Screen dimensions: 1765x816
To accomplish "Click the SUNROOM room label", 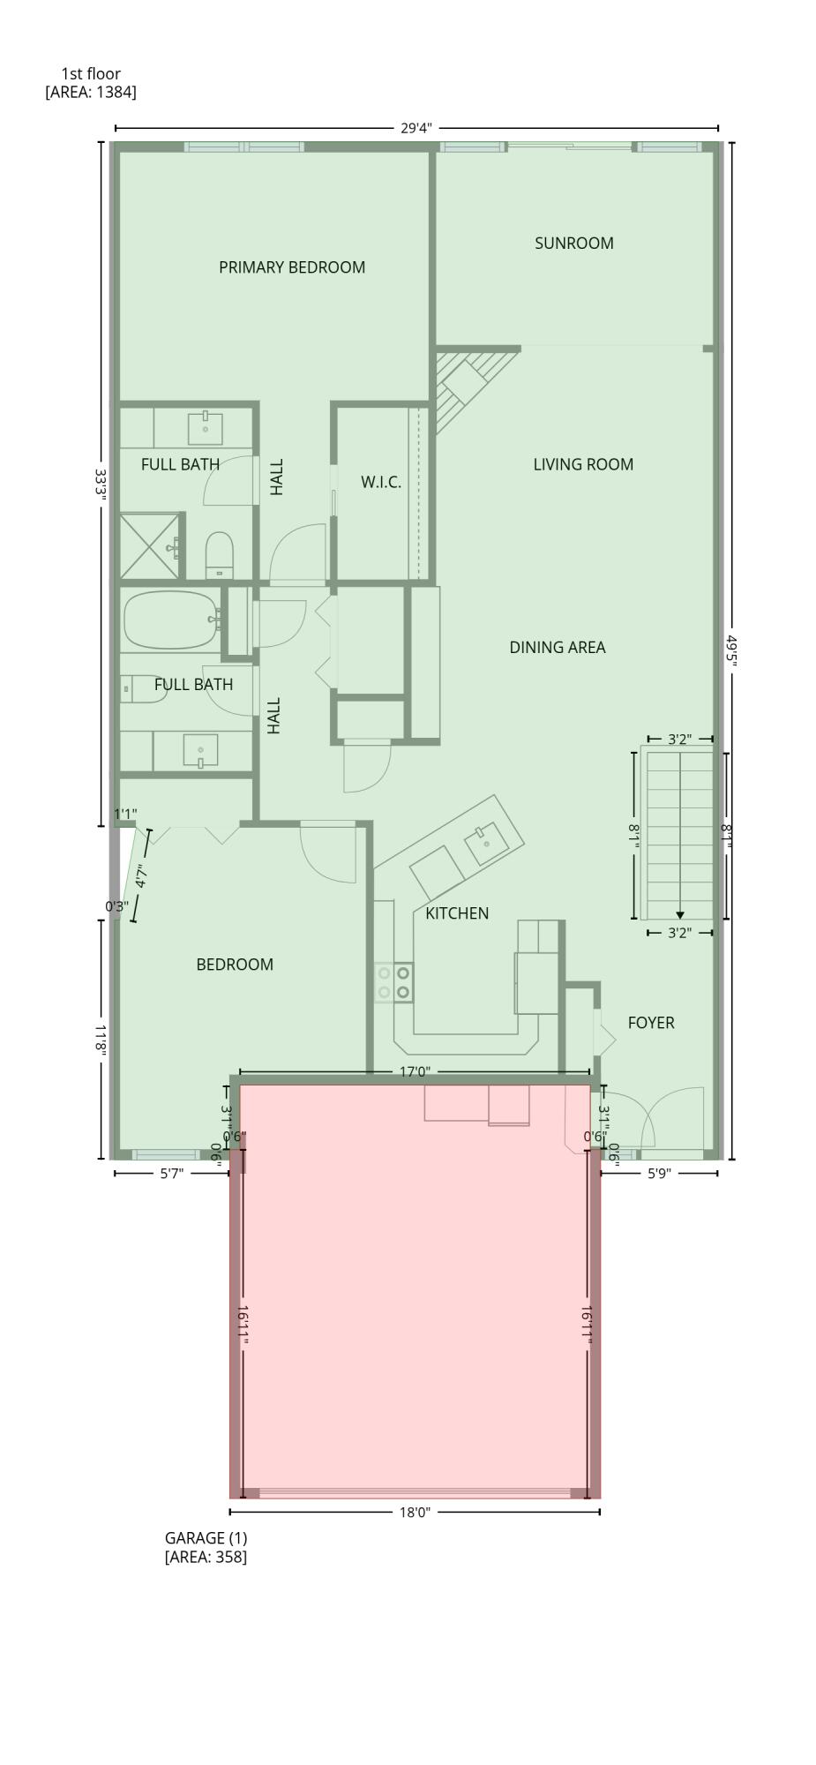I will point(573,243).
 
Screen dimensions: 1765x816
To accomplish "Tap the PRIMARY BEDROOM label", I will point(291,267).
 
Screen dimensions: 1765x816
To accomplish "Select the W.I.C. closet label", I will point(380,482).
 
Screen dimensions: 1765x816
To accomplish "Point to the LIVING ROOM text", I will point(582,464).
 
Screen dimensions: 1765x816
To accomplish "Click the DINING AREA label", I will point(557,647).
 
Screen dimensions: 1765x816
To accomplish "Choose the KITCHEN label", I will point(456,913).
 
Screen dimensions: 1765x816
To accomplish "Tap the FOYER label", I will point(650,1022).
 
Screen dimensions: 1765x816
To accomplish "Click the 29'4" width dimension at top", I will point(415,128).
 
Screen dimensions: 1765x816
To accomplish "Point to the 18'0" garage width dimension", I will point(414,1512).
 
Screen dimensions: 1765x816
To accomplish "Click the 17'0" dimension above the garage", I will point(414,1071).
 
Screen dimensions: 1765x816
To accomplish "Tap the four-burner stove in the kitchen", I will point(393,982).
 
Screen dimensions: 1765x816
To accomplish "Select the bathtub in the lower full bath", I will point(170,620).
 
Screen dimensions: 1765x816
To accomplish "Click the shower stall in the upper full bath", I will point(152,546).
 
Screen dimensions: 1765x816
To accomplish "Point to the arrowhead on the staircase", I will point(679,915).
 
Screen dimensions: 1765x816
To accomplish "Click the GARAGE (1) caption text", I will point(206,1537).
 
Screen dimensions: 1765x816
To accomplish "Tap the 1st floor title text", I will point(91,73).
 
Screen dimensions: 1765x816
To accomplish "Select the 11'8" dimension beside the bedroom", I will point(101,1040).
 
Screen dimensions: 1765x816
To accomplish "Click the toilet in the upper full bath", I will point(218,553).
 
